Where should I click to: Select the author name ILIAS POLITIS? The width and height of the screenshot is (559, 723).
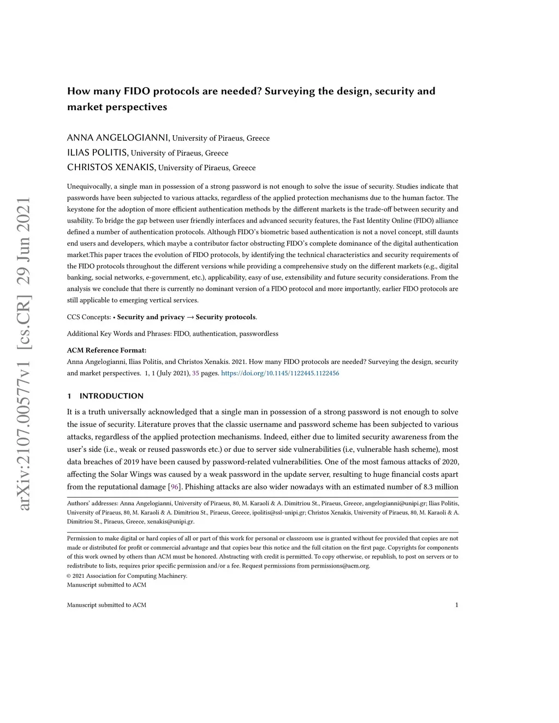(98, 152)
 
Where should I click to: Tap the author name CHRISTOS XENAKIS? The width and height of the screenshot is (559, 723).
(111, 167)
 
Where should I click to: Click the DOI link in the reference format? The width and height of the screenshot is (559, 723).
(280, 373)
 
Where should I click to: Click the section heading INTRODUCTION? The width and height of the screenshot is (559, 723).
(111, 396)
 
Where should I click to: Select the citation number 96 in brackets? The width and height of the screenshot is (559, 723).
(175, 487)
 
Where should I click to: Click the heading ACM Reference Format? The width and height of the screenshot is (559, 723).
(106, 350)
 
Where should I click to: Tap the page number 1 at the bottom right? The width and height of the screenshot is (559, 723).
(456, 605)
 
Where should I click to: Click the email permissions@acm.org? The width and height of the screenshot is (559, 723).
(340, 566)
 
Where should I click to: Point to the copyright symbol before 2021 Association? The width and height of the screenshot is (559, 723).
(69, 576)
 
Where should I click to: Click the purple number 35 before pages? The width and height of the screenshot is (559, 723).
(195, 373)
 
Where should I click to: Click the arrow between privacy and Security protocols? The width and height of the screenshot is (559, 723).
(190, 317)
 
